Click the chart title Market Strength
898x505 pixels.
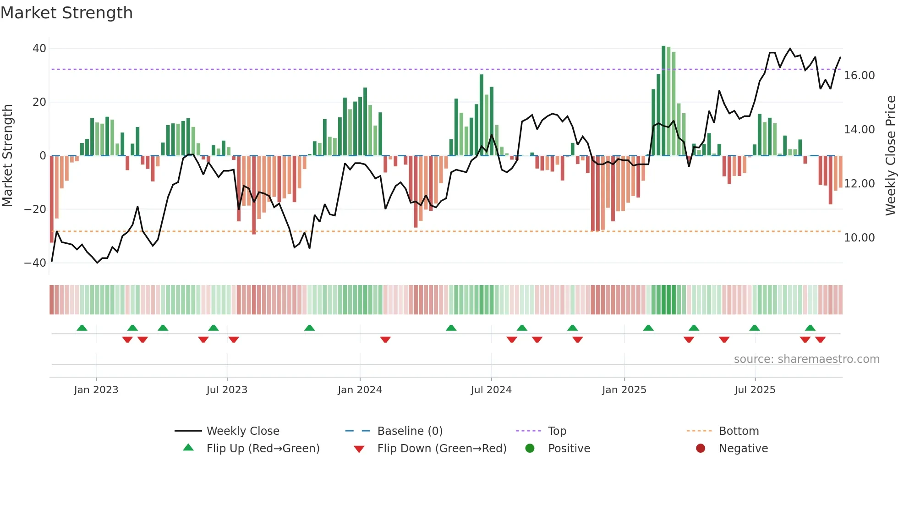(x=66, y=13)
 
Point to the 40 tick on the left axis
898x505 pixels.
(x=39, y=49)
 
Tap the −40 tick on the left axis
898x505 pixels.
(x=35, y=263)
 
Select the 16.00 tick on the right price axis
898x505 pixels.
(x=859, y=76)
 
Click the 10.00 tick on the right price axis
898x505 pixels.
(x=859, y=238)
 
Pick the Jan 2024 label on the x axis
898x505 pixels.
(x=360, y=390)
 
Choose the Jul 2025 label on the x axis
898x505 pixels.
(x=755, y=390)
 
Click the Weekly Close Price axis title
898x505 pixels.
(x=890, y=156)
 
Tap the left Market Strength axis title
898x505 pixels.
(x=8, y=156)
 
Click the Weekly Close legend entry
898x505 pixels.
(x=242, y=431)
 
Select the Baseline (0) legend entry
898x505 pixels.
(x=410, y=431)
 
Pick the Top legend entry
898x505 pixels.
(x=557, y=431)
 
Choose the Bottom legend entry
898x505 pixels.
(x=739, y=431)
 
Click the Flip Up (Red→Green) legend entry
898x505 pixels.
(x=263, y=449)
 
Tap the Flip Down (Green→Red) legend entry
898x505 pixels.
(x=441, y=449)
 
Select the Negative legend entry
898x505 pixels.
(x=743, y=449)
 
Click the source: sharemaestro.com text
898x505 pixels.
(x=806, y=359)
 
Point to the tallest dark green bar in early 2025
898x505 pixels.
(x=663, y=101)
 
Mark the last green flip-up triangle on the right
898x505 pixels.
(x=810, y=328)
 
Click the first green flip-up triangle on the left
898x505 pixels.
(x=82, y=328)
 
